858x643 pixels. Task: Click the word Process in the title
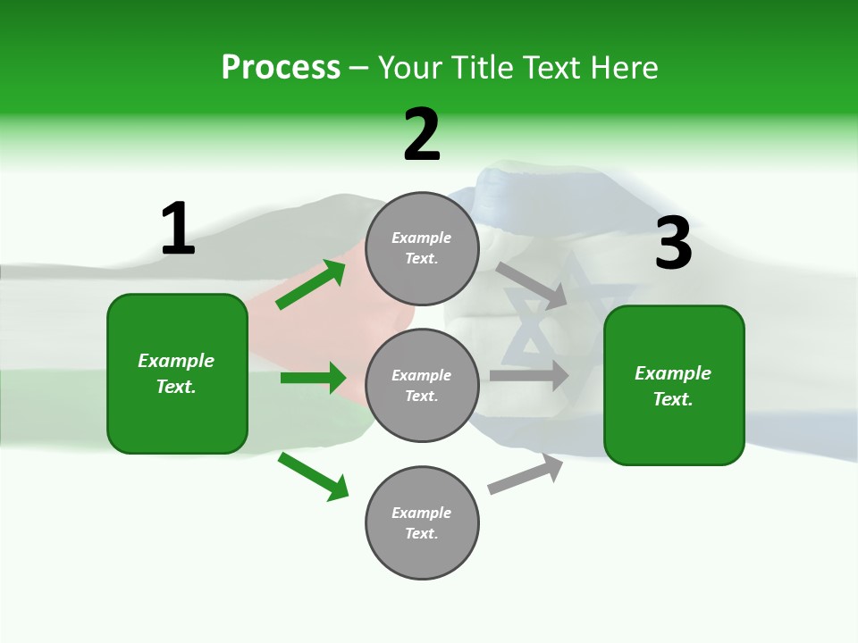click(281, 67)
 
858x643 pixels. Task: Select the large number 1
click(178, 229)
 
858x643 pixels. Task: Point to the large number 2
click(422, 135)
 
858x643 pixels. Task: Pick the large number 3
click(673, 243)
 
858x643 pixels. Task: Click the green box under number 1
click(177, 373)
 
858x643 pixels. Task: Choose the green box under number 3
click(674, 385)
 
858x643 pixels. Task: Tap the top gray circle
click(422, 248)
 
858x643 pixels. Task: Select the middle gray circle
click(422, 385)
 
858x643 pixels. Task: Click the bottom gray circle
click(422, 522)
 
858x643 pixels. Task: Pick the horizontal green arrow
click(313, 378)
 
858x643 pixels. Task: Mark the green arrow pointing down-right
click(313, 476)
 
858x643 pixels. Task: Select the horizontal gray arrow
click(529, 375)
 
